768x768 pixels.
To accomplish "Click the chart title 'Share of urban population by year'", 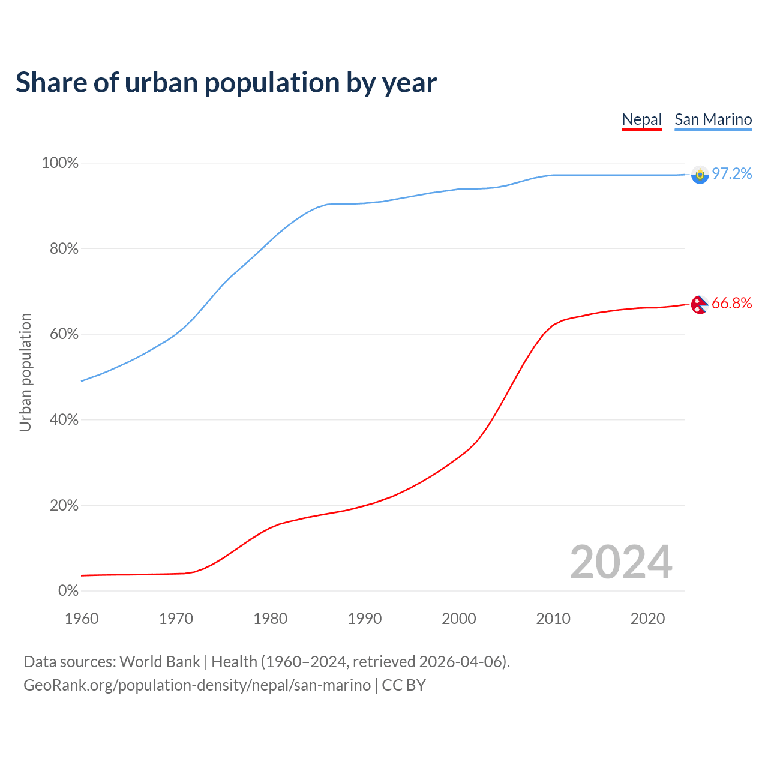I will click(x=226, y=83).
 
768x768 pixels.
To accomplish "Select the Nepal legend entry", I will click(x=641, y=119).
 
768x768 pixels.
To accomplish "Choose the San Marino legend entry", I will click(x=713, y=119).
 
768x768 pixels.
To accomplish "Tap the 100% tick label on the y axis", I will click(x=60, y=163).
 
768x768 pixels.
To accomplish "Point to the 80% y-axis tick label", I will click(x=64, y=249).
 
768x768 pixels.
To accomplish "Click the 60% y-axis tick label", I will click(x=64, y=334).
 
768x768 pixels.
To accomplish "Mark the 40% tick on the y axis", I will click(x=64, y=420).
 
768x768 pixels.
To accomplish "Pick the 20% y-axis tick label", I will click(x=64, y=506).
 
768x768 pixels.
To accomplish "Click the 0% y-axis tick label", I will click(x=68, y=591).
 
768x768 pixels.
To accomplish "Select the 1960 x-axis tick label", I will click(x=82, y=619).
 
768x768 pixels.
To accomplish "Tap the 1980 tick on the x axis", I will click(x=270, y=619).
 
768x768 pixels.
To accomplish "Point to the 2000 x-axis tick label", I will click(x=459, y=619).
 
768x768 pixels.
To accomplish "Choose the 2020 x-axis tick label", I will click(x=647, y=619).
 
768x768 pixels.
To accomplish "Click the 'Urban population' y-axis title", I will click(x=25, y=372).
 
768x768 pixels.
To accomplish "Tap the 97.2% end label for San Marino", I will click(x=731, y=174).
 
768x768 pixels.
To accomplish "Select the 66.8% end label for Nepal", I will click(x=731, y=304).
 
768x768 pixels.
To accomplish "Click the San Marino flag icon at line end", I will click(x=700, y=175).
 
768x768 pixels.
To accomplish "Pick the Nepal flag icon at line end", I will click(x=699, y=305).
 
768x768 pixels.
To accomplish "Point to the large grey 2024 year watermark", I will click(x=621, y=562).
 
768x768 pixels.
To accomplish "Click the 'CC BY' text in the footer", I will click(x=404, y=685).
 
